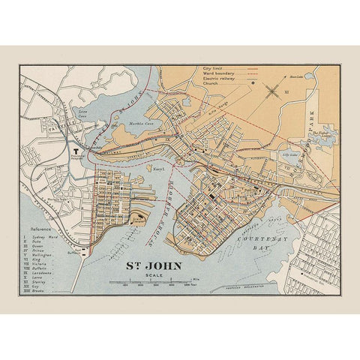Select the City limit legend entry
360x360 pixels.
pos(213,69)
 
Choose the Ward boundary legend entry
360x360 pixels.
pos(217,74)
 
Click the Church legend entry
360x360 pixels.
pos(210,85)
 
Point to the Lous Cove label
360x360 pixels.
pos(83,115)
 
